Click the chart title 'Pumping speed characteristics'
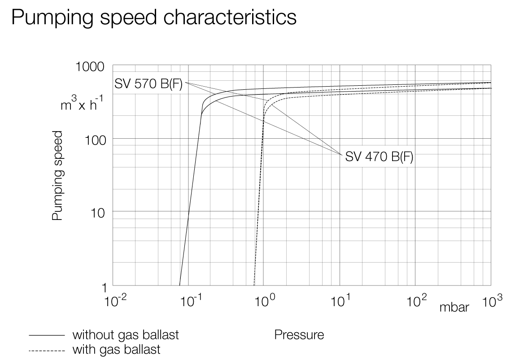[x=154, y=18]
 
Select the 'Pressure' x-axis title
[x=299, y=335]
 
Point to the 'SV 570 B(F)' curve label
[x=149, y=84]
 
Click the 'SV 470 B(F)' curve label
[x=379, y=157]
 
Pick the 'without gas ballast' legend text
[x=126, y=335]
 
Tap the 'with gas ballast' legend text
[x=116, y=349]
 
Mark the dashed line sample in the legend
[x=46, y=350]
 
